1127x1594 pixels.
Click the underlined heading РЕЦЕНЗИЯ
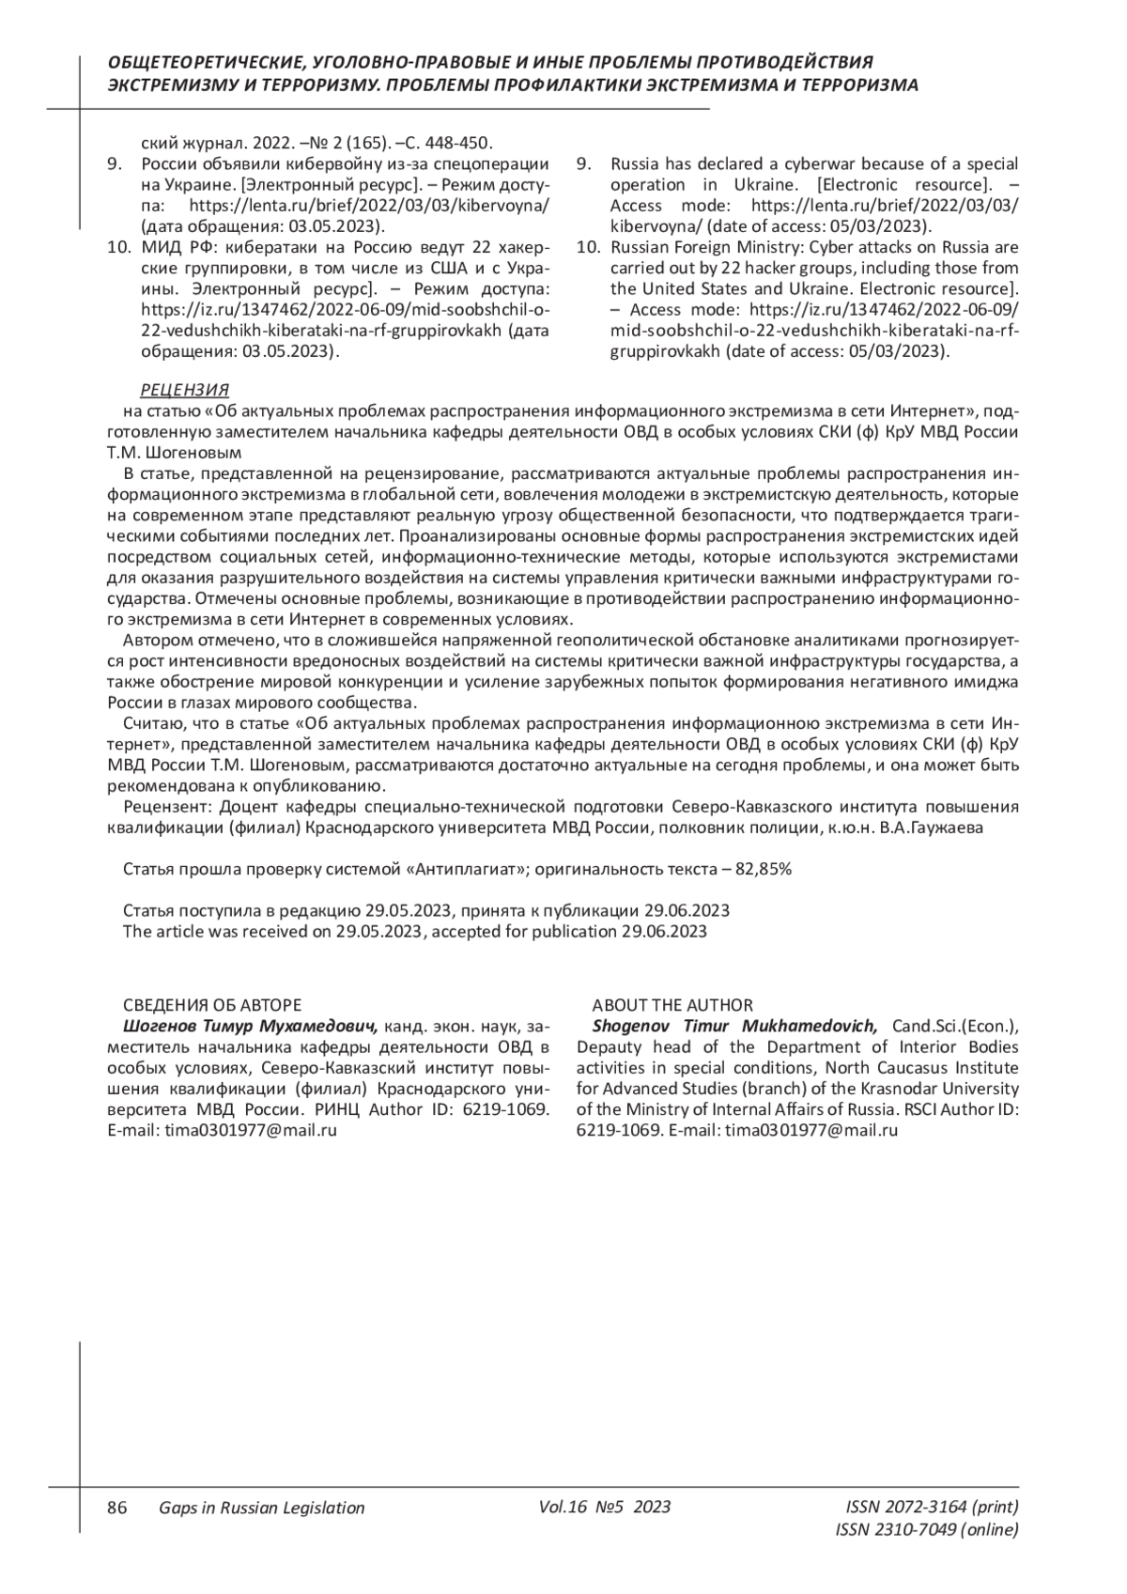(x=184, y=390)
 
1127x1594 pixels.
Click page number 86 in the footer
(x=117, y=1508)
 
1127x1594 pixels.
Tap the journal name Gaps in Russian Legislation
(x=261, y=1508)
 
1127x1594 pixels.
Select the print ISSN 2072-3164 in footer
(x=932, y=1508)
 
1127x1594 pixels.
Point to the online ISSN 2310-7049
(x=926, y=1530)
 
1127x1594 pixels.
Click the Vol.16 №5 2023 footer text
(x=605, y=1507)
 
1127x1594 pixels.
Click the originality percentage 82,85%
(x=764, y=869)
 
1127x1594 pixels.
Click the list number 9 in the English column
(x=583, y=164)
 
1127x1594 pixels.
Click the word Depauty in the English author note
(x=607, y=1047)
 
